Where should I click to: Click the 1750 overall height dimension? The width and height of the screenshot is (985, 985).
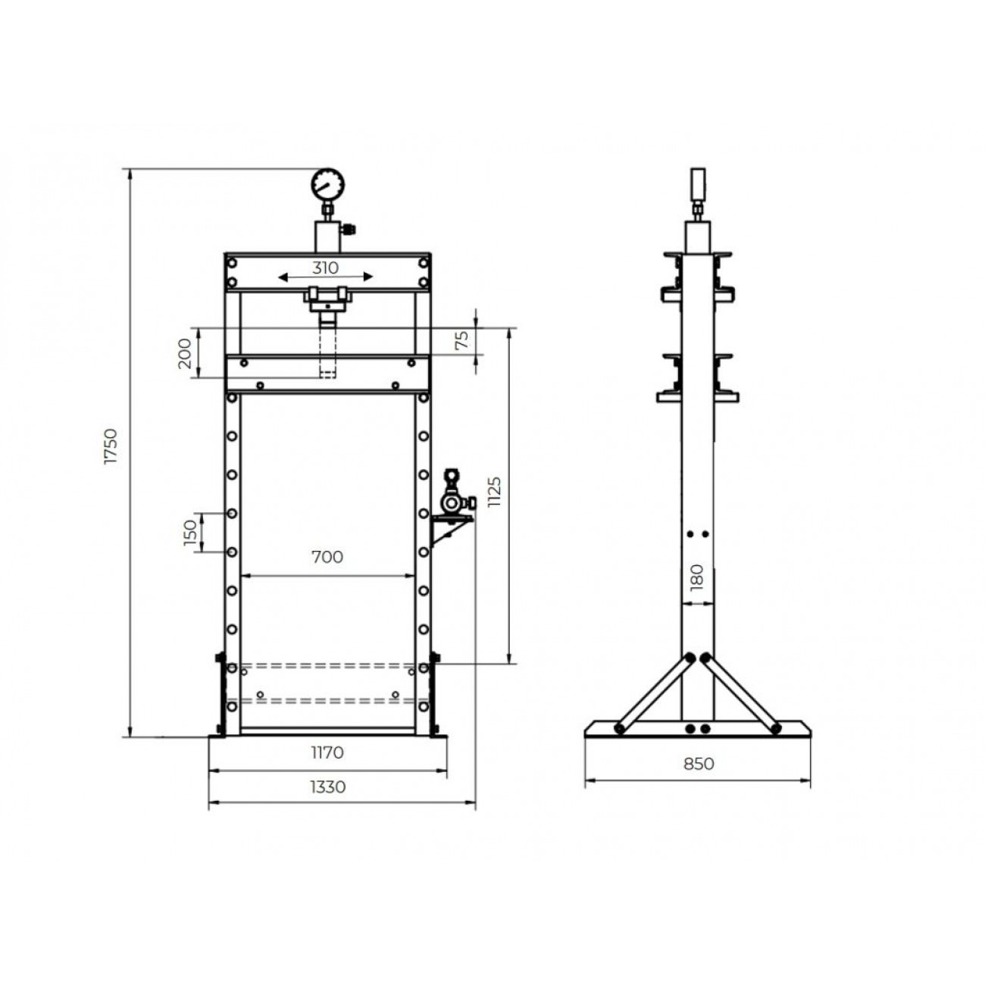tap(111, 446)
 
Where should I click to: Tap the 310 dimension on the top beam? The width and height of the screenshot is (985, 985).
tap(326, 267)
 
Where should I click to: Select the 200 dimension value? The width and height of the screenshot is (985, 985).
tap(185, 352)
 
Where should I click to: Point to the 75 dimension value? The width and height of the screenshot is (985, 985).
tap(461, 340)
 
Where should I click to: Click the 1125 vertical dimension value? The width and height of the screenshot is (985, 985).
tap(494, 492)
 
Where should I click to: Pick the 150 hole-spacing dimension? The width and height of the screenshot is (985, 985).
tap(189, 533)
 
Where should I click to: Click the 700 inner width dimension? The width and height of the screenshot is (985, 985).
tap(327, 557)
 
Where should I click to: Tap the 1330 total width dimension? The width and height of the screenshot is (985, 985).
tap(328, 786)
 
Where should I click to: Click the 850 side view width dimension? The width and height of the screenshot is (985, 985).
tap(699, 764)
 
